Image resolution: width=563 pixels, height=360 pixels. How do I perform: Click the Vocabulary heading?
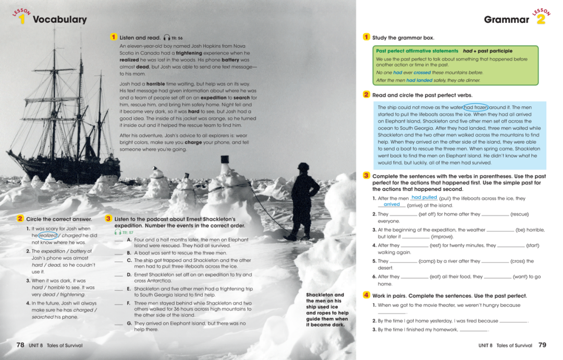coord(59,20)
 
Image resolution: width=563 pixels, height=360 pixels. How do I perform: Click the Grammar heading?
coord(506,20)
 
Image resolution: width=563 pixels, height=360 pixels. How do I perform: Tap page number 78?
coord(20,345)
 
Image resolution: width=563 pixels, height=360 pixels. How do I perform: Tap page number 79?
coord(542,345)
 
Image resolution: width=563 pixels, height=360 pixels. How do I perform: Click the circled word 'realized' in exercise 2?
coord(48,236)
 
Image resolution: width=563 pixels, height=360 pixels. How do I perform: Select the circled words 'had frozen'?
coord(475,107)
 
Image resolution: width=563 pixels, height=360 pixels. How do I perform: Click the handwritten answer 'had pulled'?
coord(424,198)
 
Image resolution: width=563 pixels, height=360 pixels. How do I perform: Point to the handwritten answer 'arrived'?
coord(391,205)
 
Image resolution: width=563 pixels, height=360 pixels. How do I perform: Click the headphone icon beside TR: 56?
coord(166,38)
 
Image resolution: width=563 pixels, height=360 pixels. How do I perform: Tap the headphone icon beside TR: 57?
coord(118,232)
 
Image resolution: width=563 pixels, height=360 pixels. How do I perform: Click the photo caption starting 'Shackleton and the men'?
coord(327,310)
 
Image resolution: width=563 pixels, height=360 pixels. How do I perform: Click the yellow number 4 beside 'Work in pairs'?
coord(366,295)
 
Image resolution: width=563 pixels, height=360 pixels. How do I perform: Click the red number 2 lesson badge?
coord(541,19)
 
